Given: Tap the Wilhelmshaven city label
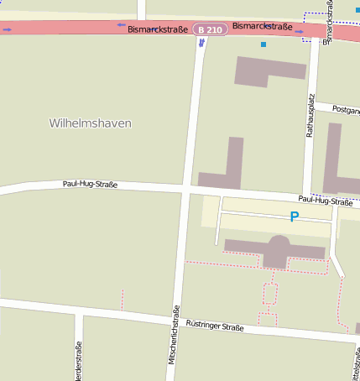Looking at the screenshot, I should (90, 123).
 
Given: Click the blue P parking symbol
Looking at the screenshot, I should (294, 217).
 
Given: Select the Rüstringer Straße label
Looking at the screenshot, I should (214, 326).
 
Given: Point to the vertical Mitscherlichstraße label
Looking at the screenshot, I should (175, 332).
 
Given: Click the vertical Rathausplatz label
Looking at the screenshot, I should (310, 116).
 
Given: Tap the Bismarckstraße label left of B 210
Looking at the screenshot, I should (157, 29).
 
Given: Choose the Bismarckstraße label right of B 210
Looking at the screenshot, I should (262, 27).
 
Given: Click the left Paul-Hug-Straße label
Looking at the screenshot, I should (90, 184).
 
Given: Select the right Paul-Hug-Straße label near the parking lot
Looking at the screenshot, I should (326, 201).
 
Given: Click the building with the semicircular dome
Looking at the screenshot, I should (277, 250).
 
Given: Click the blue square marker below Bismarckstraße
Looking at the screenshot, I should (263, 44).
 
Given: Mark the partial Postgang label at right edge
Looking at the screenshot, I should (346, 109).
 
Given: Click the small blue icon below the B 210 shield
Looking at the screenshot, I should (201, 42).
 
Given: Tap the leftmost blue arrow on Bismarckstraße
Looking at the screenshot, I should (7, 29).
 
